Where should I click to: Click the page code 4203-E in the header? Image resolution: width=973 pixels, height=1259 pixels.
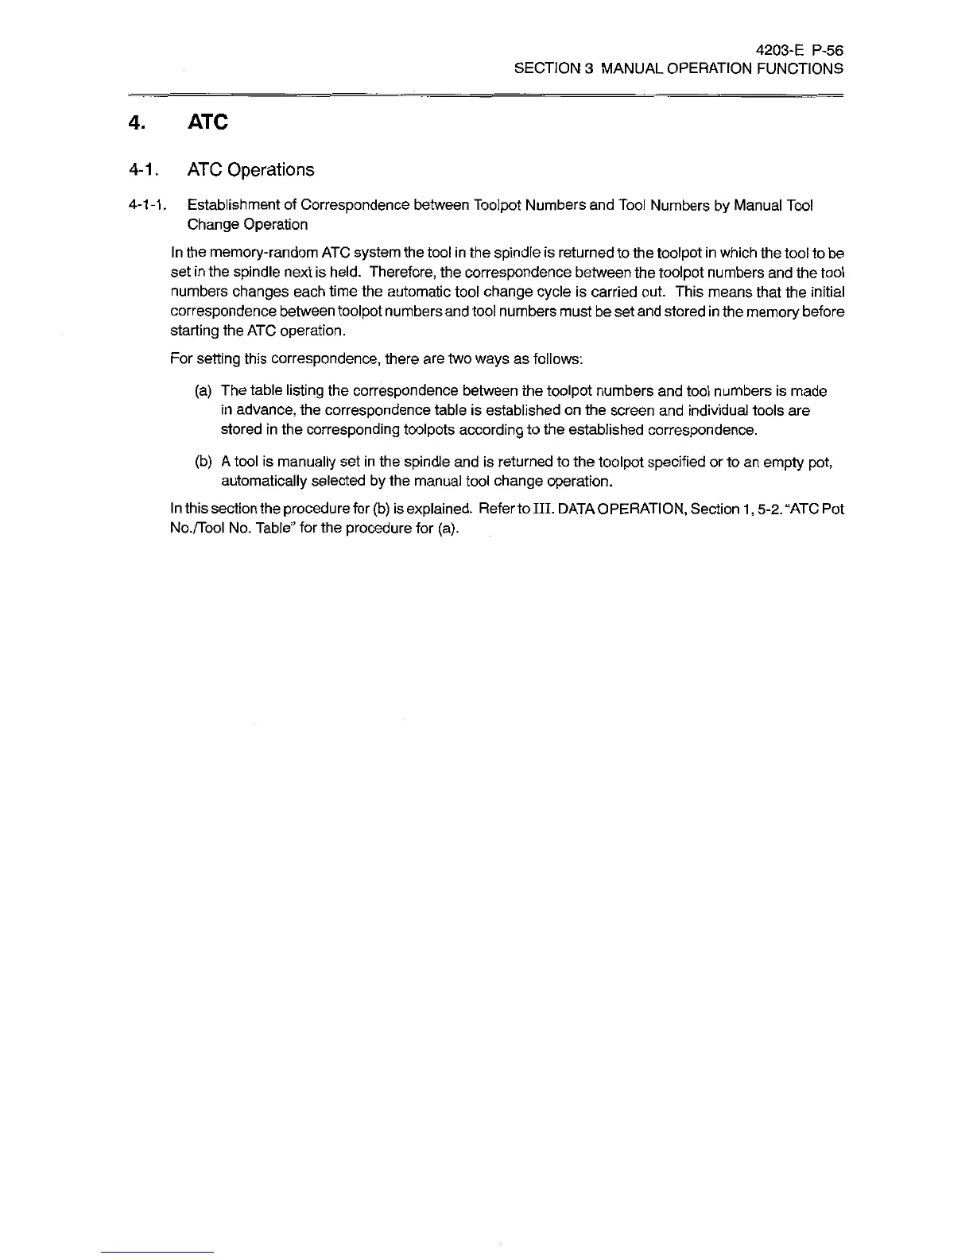781,50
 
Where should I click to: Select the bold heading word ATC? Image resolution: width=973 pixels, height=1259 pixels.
207,123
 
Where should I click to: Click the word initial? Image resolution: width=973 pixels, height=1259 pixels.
824,292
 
